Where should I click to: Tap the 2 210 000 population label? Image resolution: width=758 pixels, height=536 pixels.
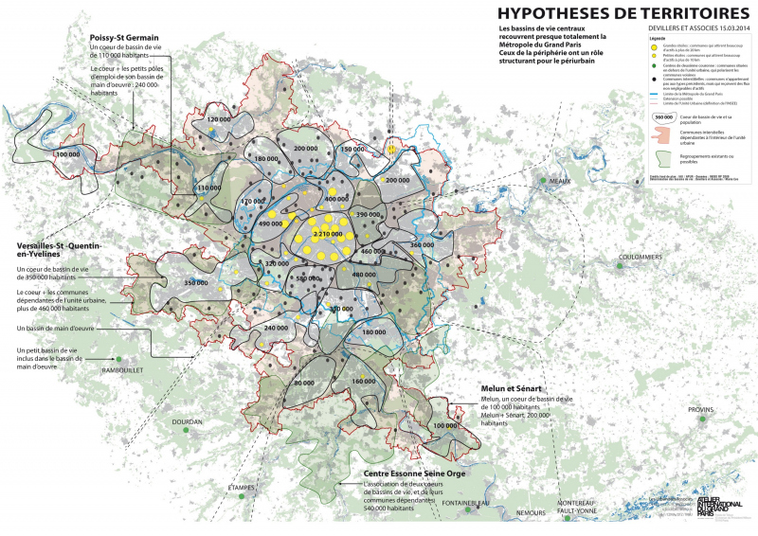click(x=326, y=233)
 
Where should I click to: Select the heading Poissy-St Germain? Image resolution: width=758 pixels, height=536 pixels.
click(x=125, y=37)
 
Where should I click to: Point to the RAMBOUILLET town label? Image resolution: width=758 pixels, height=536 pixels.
click(x=121, y=370)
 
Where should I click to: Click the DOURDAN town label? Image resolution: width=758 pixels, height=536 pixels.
click(x=187, y=421)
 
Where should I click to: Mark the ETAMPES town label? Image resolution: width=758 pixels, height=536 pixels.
click(x=242, y=488)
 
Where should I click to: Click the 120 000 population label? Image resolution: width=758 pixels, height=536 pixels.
click(x=219, y=120)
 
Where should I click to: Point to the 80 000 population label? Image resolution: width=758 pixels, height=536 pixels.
click(x=304, y=383)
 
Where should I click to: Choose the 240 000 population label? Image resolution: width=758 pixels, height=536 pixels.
click(x=276, y=328)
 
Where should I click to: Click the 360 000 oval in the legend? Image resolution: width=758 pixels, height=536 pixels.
click(x=662, y=116)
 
